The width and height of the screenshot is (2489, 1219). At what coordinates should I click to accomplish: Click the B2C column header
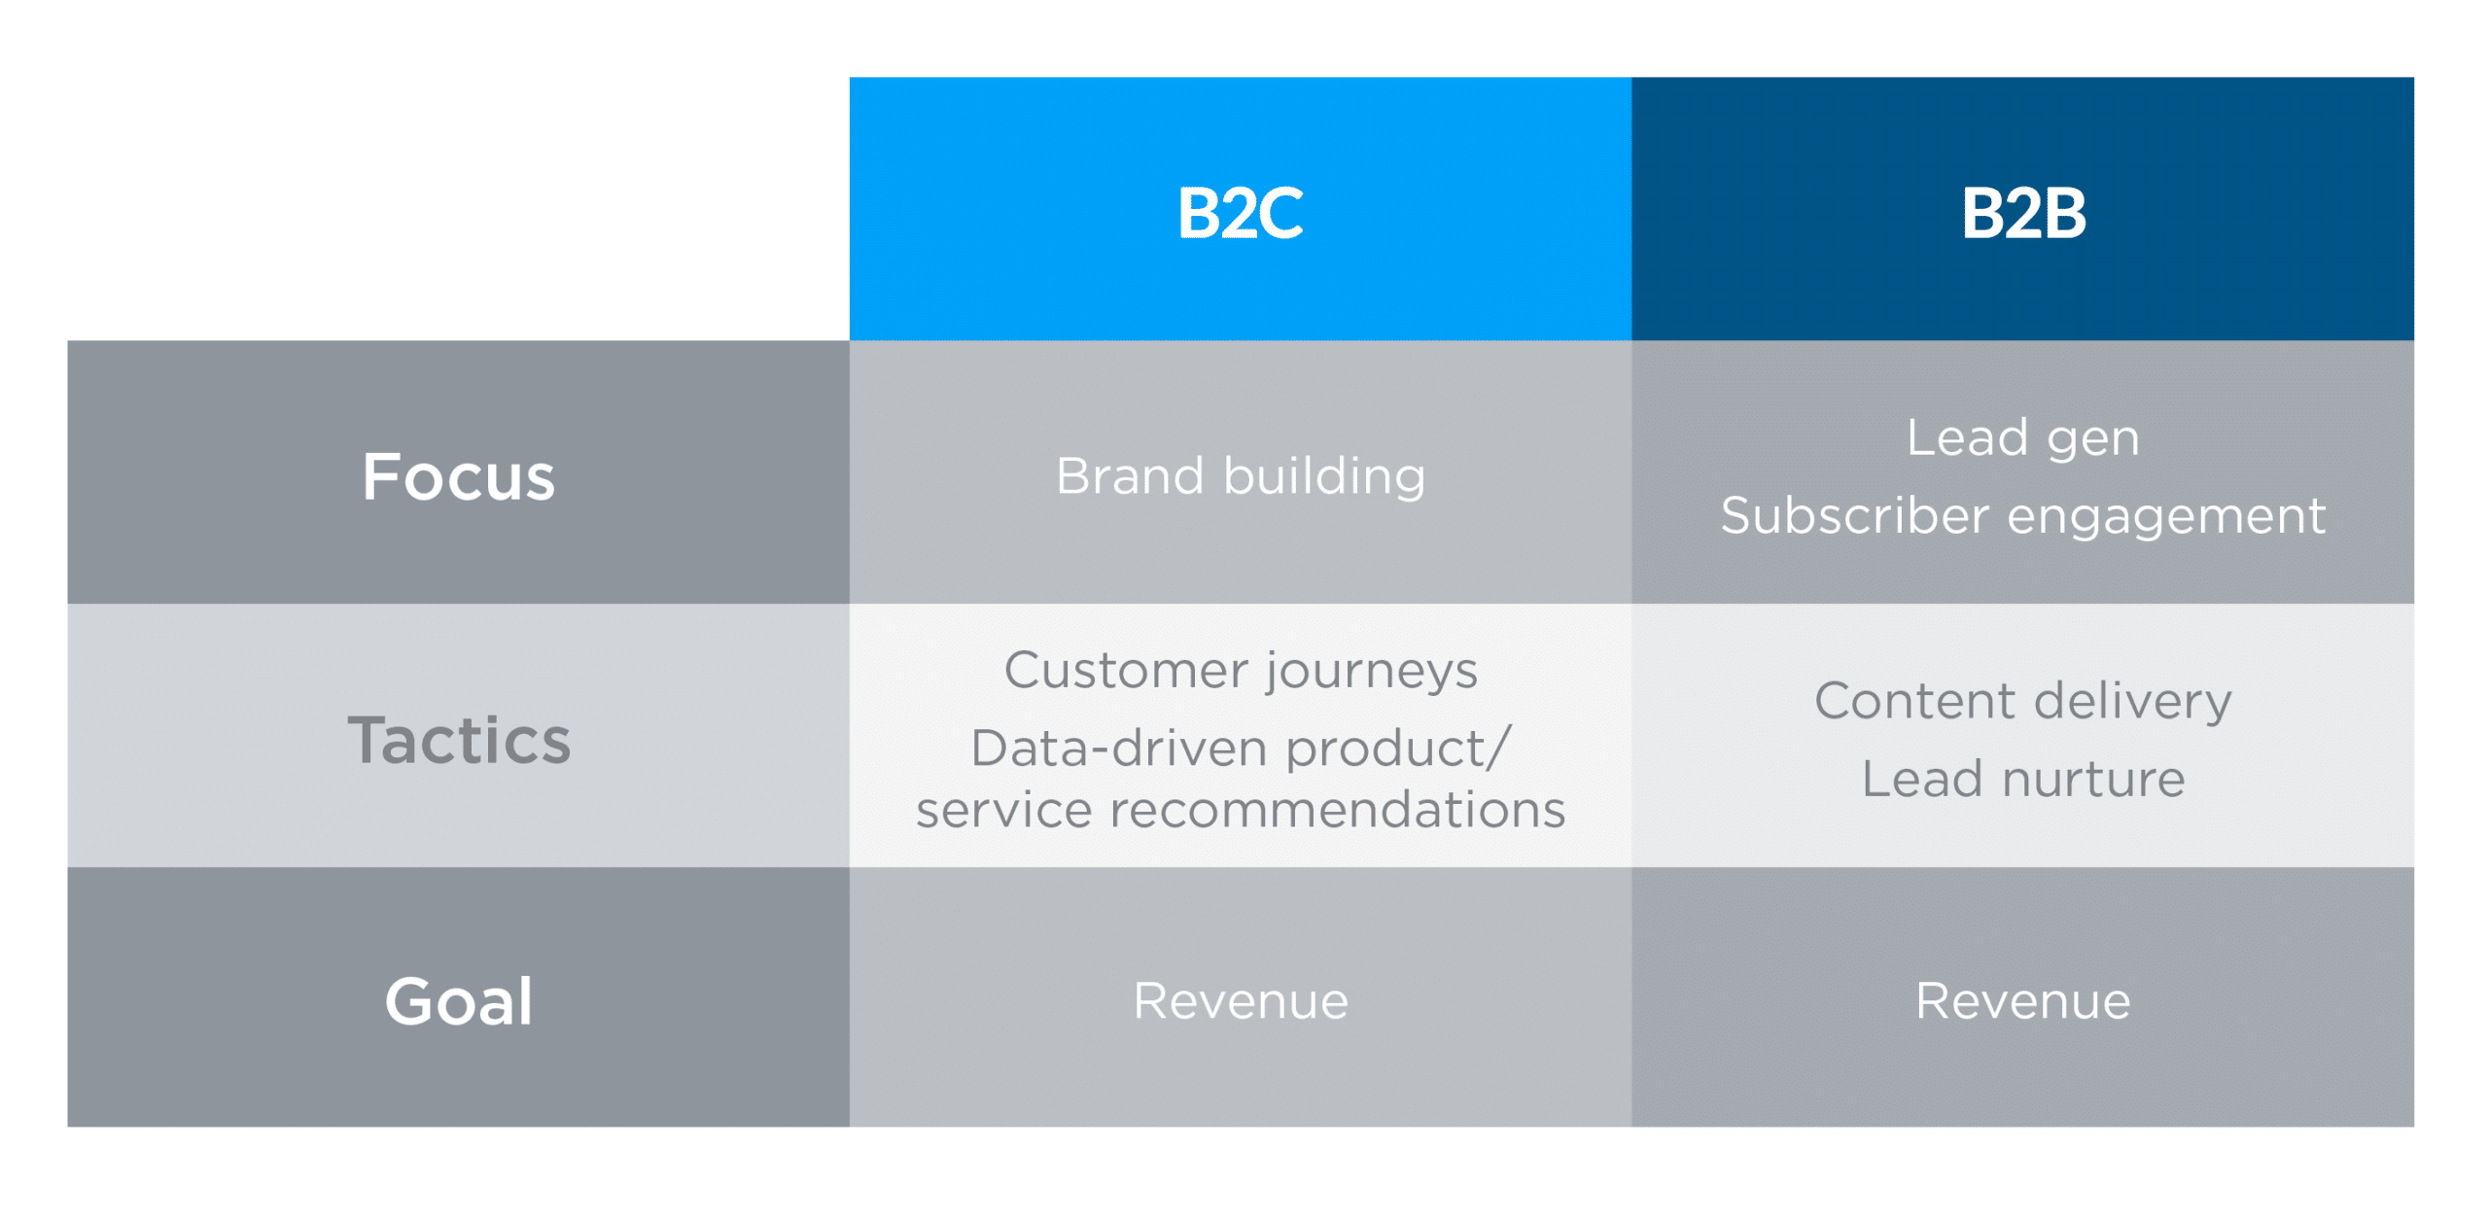1240,212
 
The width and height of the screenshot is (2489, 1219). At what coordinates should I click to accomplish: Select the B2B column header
2022,212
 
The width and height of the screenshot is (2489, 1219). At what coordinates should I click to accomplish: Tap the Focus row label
458,476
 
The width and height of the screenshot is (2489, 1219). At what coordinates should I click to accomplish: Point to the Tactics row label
458,740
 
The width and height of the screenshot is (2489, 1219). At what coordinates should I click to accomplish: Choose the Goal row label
458,1000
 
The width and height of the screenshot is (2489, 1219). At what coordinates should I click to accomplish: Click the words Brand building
1240,476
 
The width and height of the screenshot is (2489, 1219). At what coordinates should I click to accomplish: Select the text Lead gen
2022,437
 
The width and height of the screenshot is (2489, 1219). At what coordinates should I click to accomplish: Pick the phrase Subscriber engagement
2022,515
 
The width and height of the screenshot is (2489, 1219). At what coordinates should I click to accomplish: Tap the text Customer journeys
1240,671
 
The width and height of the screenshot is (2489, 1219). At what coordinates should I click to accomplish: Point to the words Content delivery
2022,701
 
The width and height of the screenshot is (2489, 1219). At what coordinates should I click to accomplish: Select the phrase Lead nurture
2022,779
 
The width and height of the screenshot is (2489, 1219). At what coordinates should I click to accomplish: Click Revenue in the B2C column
1240,1000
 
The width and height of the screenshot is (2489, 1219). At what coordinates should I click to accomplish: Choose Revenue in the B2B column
2022,1000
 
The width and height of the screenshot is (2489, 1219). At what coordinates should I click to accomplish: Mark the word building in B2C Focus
1323,476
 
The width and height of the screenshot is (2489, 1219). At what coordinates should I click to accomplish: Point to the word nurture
2092,779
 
